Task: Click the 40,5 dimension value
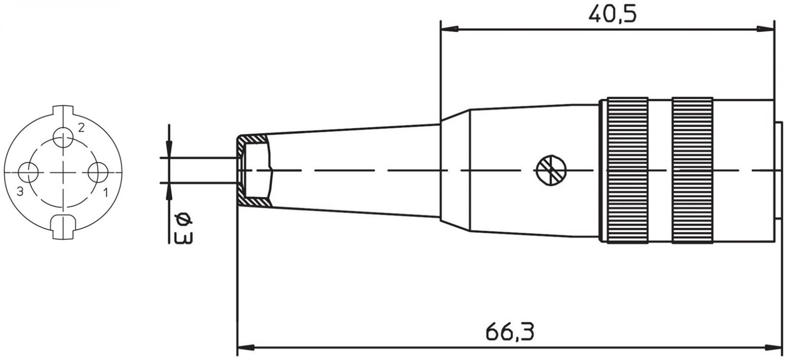click(x=613, y=15)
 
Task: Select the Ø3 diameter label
click(x=184, y=229)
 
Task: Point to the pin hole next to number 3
click(x=28, y=172)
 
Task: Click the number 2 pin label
click(x=81, y=128)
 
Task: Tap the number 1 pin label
click(x=105, y=193)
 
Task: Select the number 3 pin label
click(x=20, y=192)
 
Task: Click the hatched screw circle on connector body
click(x=551, y=170)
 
